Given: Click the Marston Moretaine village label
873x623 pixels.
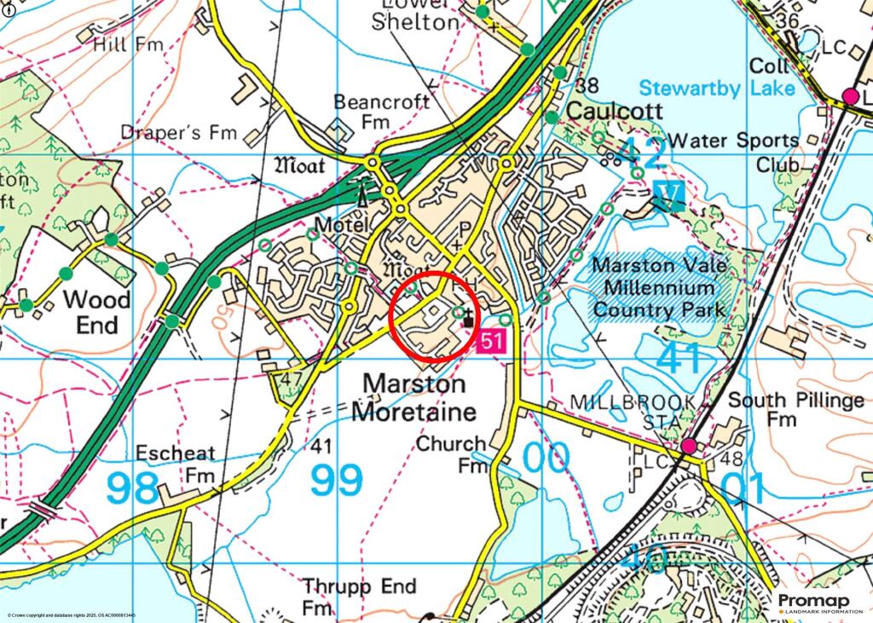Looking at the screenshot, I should (x=414, y=398).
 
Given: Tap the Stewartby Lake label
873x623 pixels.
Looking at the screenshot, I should (x=717, y=88).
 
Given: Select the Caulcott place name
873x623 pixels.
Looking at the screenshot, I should (x=609, y=111).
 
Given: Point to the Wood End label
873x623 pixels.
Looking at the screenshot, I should (x=98, y=312).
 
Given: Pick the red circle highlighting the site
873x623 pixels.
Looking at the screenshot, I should (x=433, y=316).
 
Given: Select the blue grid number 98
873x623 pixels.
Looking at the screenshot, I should (x=133, y=487).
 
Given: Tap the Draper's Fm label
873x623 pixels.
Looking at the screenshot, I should (x=178, y=133).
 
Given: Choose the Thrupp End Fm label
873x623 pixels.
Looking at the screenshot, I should (x=359, y=597).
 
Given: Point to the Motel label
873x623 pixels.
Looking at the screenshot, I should (x=340, y=225).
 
